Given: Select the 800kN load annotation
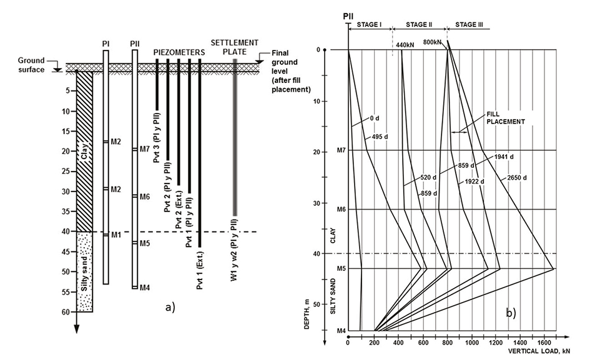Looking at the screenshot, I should (x=433, y=42).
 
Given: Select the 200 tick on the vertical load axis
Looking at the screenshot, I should (x=373, y=343).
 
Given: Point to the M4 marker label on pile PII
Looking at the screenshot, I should (x=145, y=288).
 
